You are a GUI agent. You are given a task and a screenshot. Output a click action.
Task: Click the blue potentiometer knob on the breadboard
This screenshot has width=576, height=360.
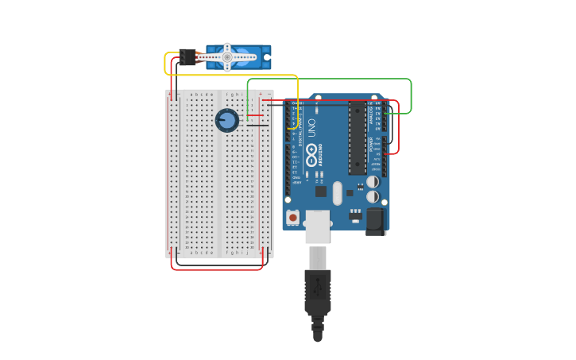click(226, 120)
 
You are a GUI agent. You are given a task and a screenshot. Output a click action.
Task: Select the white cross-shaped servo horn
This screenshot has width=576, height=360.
click(227, 57)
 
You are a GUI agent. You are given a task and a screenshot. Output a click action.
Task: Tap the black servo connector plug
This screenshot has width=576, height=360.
click(187, 57)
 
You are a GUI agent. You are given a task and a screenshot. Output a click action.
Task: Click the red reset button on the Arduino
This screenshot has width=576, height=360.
click(293, 217)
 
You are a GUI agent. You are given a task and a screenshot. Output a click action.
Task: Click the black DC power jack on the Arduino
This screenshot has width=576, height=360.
click(376, 221)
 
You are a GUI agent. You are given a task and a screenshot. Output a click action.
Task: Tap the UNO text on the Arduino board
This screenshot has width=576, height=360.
click(311, 127)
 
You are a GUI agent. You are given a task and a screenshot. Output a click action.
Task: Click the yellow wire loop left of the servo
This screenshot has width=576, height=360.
click(166, 64)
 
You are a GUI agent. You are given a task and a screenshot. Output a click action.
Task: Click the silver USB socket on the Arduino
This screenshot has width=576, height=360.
click(318, 226)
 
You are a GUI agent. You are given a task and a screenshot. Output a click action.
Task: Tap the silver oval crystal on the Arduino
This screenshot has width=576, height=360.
click(338, 193)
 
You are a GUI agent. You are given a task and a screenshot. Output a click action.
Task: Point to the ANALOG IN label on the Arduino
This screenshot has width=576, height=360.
click(370, 115)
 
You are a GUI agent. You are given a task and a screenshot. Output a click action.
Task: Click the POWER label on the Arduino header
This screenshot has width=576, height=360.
click(371, 144)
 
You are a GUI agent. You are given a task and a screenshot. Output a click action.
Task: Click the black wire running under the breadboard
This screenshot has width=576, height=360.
click(218, 263)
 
